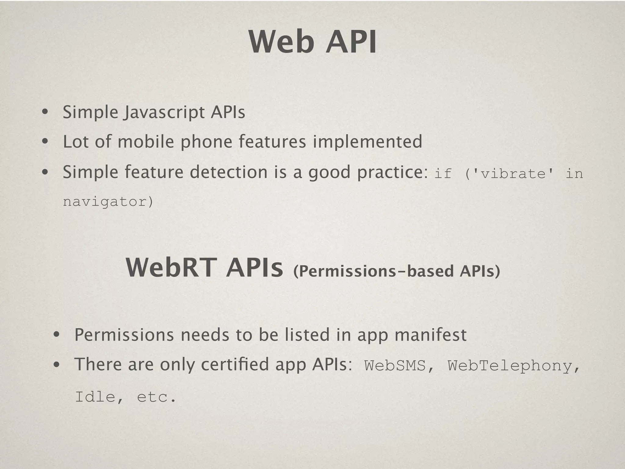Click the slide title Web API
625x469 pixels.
[x=312, y=42]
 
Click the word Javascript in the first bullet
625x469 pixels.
[x=165, y=112]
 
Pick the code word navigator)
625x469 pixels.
[x=108, y=202]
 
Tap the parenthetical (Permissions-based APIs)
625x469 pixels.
[x=396, y=271]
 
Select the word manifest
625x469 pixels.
[x=430, y=335]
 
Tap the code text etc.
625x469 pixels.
[x=156, y=397]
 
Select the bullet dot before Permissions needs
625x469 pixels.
[x=56, y=335]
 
